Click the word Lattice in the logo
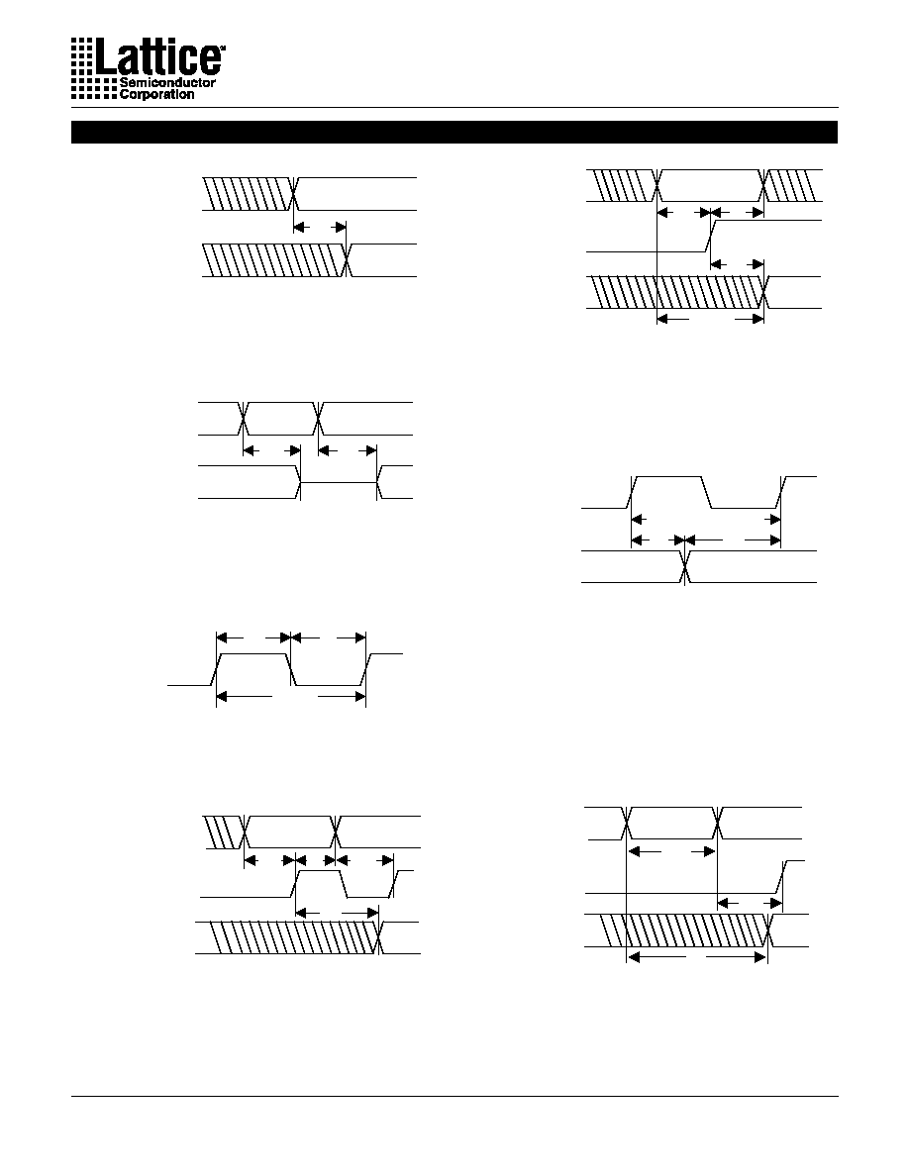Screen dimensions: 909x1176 click(x=157, y=56)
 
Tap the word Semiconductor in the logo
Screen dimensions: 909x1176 click(x=167, y=82)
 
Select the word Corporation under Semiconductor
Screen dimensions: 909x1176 click(x=156, y=94)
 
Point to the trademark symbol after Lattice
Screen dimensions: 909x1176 click(x=222, y=47)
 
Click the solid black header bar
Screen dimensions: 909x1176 click(x=454, y=132)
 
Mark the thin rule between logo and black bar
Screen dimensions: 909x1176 click(x=454, y=107)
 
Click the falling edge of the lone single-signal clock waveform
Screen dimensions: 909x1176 click(x=293, y=669)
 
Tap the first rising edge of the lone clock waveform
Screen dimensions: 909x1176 click(x=216, y=669)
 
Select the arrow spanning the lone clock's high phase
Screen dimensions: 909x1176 click(x=253, y=637)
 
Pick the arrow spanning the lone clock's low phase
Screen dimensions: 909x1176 click(x=328, y=637)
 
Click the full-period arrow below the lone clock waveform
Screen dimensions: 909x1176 click(x=291, y=698)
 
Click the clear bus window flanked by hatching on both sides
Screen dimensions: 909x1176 click(x=711, y=185)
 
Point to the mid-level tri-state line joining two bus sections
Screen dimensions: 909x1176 click(x=339, y=482)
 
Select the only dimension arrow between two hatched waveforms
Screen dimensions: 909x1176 click(x=320, y=227)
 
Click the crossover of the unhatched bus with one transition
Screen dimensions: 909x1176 click(x=684, y=566)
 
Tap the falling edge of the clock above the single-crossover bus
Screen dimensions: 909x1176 click(x=706, y=492)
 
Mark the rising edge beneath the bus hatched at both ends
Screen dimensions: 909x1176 click(x=710, y=236)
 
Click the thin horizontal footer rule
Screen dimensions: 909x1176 click(x=454, y=1097)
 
